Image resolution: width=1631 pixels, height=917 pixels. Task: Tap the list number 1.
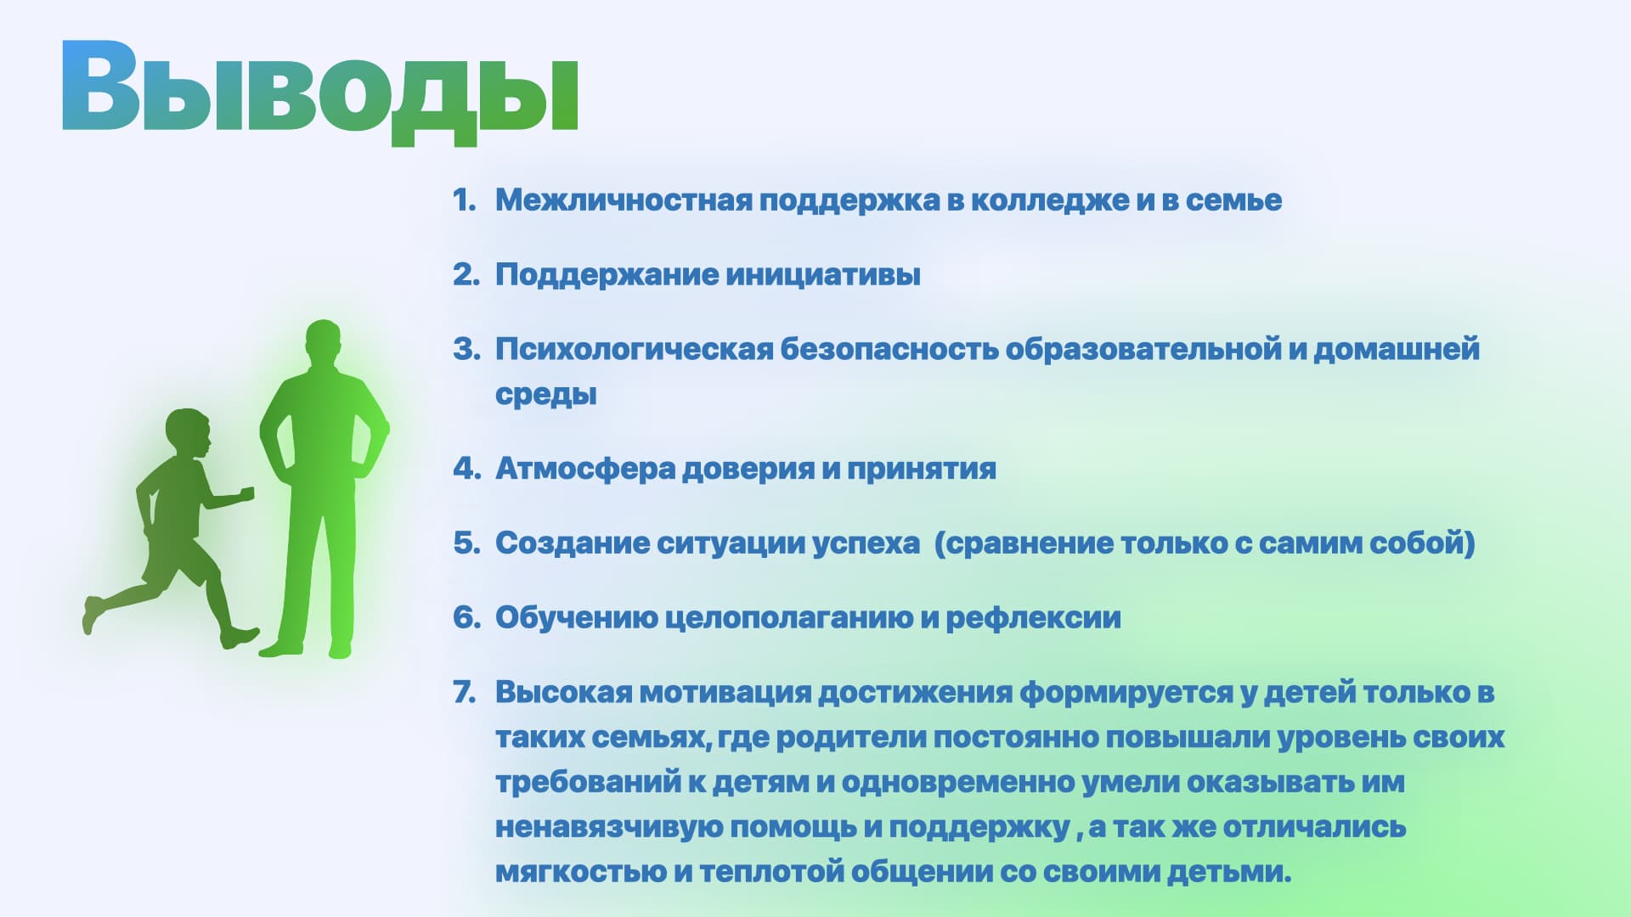pos(463,200)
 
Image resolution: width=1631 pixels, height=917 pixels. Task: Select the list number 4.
pos(466,468)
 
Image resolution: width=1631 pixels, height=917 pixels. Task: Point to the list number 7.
pos(465,692)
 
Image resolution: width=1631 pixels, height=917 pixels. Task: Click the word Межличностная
pos(624,200)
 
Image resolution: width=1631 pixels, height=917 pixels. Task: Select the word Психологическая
pos(635,350)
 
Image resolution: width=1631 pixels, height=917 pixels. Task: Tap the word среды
pos(546,395)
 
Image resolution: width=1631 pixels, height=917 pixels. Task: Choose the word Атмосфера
pos(585,469)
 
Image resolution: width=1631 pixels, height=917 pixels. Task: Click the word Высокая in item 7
pos(564,693)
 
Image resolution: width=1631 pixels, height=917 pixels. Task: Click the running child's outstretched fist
pos(247,493)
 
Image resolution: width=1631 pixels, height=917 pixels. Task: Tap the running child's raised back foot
pos(92,615)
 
